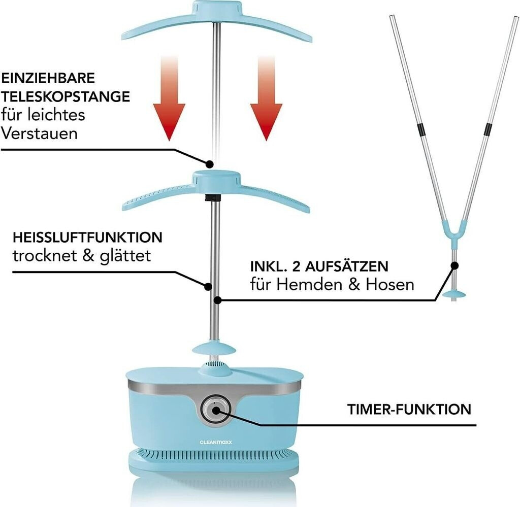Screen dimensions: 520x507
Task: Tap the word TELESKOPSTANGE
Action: point(66,96)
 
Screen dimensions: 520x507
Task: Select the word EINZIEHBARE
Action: point(48,78)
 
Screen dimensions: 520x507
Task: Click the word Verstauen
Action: point(39,133)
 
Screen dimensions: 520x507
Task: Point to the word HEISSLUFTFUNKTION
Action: point(87,238)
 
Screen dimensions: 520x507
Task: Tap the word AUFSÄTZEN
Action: point(346,266)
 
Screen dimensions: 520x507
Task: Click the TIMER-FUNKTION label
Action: point(409,409)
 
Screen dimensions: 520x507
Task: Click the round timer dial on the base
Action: point(215,410)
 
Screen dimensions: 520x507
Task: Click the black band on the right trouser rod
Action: point(488,129)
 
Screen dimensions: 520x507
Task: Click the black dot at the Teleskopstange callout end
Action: point(209,163)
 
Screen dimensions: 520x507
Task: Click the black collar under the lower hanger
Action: point(213,198)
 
